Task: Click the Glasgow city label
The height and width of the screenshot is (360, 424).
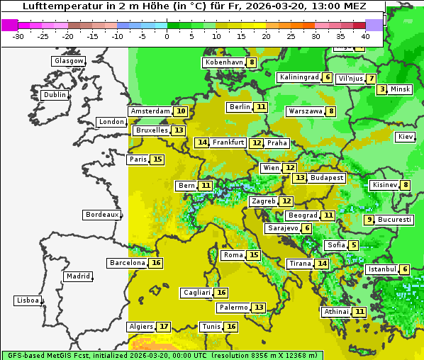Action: tap(68, 61)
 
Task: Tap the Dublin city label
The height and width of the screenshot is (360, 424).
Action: tap(54, 95)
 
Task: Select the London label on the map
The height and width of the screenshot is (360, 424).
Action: tap(111, 122)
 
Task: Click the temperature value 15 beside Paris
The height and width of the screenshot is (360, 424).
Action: tap(157, 159)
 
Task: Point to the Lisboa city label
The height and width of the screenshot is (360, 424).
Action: tap(28, 300)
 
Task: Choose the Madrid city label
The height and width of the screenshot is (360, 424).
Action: tap(77, 276)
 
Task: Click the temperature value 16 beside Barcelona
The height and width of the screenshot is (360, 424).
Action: tap(156, 263)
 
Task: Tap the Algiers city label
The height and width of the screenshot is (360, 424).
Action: tap(141, 327)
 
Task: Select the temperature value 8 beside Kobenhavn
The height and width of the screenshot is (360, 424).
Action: tap(252, 62)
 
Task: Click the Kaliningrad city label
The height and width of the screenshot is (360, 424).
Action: tap(299, 77)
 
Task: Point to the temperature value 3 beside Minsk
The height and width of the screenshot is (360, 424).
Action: tap(382, 89)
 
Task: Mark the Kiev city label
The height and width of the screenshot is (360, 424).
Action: tap(406, 137)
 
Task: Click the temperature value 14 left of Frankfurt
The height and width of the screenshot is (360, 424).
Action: tap(202, 142)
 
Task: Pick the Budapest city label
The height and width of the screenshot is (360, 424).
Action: tap(327, 178)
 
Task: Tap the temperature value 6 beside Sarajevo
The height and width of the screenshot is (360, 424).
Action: tap(306, 228)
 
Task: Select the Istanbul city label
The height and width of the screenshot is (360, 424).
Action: tap(382, 269)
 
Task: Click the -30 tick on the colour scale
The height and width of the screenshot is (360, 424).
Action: tap(18, 35)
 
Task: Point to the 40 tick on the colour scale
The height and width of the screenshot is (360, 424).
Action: tap(365, 35)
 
